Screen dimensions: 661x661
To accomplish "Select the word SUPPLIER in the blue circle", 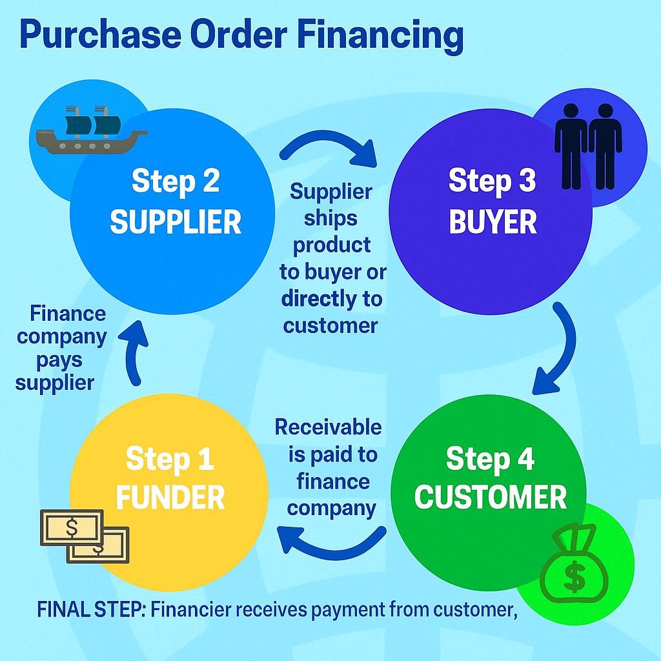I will coord(176,222).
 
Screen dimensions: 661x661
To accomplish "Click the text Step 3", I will coord(492,181).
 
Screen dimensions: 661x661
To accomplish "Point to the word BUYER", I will coord(493,222).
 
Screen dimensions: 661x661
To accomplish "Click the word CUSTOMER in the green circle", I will coord(491,497).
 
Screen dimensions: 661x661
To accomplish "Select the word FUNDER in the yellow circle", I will coord(170,498).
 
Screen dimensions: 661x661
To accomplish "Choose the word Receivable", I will coord(328,427).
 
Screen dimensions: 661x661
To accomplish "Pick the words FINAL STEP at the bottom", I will coord(90,609).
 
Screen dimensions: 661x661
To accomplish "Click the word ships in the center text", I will coord(330,218).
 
